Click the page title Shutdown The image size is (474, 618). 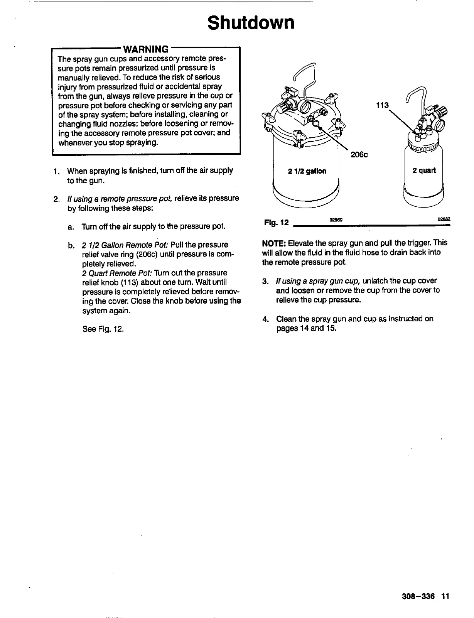[251, 23]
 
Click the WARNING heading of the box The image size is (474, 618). [146, 49]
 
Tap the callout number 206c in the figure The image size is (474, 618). [359, 155]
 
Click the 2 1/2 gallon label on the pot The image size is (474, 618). [307, 171]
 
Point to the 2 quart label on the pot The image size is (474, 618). [424, 171]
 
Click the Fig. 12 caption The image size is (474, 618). [276, 223]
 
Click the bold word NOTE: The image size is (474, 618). [274, 243]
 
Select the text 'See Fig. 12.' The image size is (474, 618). [103, 329]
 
